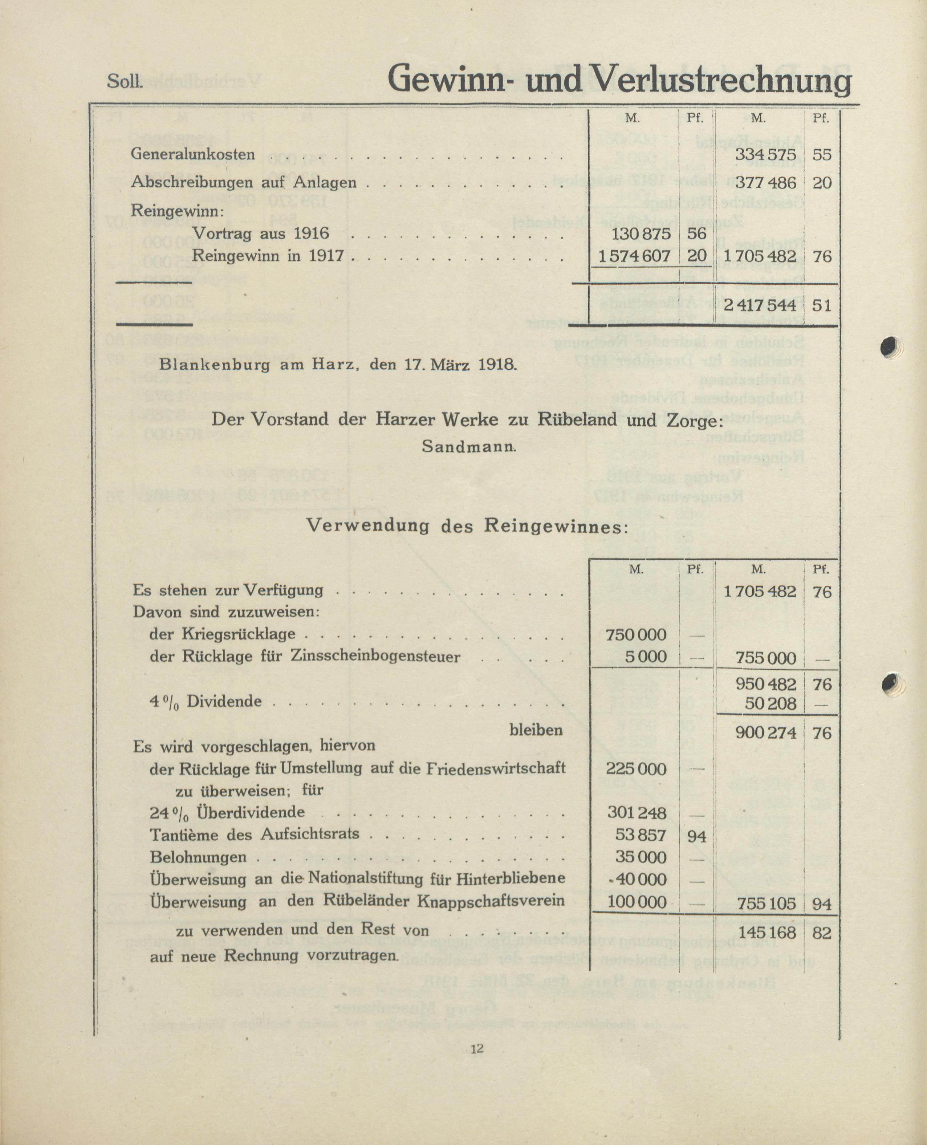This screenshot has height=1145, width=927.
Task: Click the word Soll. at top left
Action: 125,82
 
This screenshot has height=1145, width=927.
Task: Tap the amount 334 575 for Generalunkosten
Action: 765,155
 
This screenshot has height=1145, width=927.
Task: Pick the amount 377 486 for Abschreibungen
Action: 765,183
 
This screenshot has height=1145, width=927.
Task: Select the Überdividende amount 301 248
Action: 637,813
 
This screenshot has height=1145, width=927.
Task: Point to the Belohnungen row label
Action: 198,857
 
